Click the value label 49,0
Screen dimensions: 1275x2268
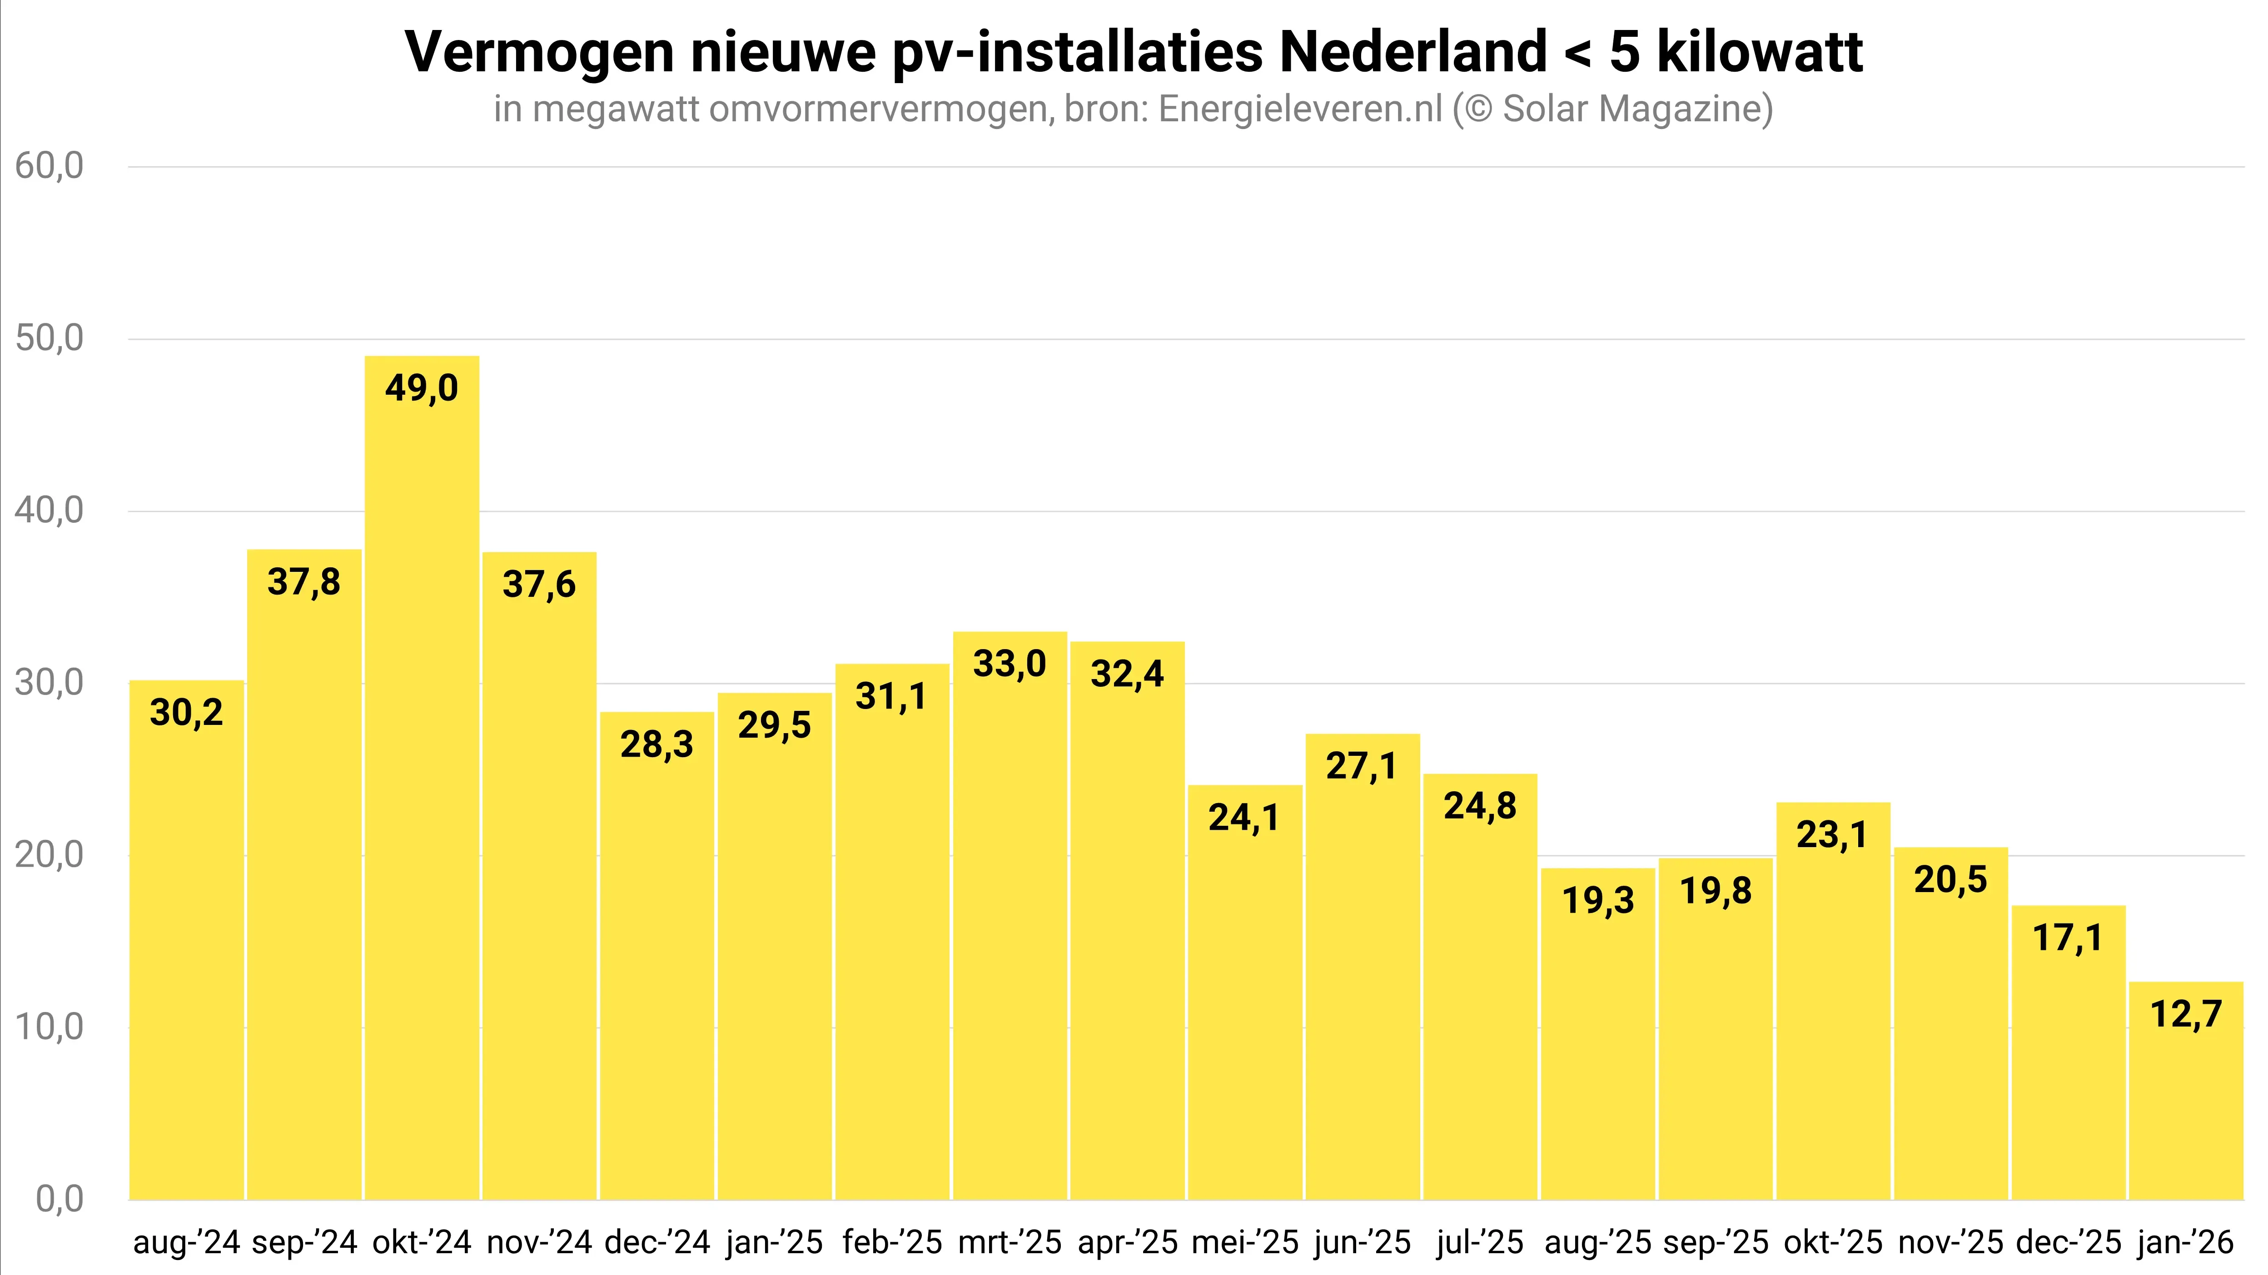pos(422,388)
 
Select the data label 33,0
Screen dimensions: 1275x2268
pos(1009,664)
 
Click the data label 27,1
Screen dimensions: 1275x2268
pos(1361,766)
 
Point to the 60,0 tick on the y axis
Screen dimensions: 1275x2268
pos(50,165)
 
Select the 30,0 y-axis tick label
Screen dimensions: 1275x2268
pos(50,682)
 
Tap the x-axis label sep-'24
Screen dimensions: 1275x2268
pos(305,1242)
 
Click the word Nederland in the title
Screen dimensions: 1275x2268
pos(1412,51)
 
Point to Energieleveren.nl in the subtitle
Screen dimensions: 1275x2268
pos(1301,109)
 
